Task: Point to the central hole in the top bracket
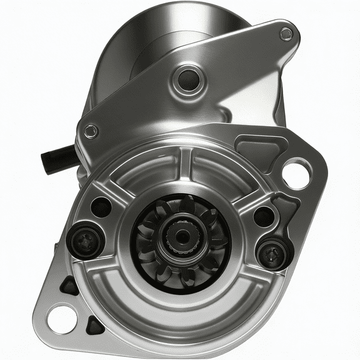[186, 78]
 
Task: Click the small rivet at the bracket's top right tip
[286, 34]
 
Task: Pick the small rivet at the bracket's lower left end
[91, 131]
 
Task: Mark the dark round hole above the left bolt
[101, 206]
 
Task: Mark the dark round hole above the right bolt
[264, 216]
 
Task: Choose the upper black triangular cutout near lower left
[69, 286]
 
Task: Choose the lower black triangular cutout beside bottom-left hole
[95, 324]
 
